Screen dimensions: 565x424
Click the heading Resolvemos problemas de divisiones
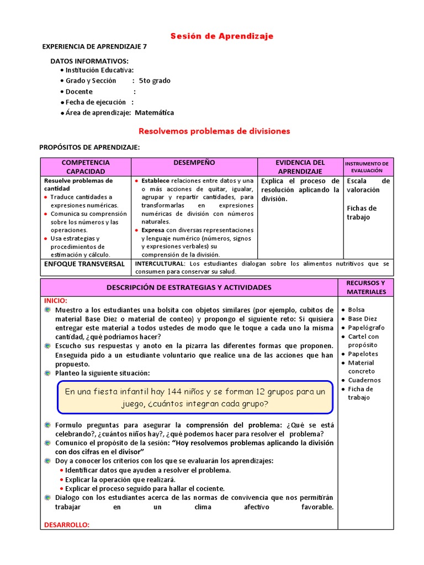tap(214, 131)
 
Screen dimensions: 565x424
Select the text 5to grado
tap(155, 81)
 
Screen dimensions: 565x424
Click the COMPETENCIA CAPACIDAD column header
tap(86, 167)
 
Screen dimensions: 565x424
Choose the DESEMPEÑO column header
tap(194, 163)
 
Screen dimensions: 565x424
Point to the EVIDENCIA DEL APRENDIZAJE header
tap(300, 167)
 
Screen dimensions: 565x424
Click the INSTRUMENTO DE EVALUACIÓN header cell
tap(367, 167)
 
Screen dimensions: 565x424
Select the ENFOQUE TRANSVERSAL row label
tap(84, 264)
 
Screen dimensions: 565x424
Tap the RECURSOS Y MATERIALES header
tap(366, 287)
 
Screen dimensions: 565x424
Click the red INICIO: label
tap(55, 301)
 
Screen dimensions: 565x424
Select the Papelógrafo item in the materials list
tap(366, 327)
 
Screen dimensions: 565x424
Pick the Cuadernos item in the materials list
tap(364, 380)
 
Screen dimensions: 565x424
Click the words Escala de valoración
tap(368, 185)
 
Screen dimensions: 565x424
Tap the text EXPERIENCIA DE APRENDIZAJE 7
tap(94, 47)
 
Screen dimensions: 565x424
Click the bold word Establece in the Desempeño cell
tap(156, 180)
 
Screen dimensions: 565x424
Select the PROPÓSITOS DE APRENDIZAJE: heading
tap(89, 147)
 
